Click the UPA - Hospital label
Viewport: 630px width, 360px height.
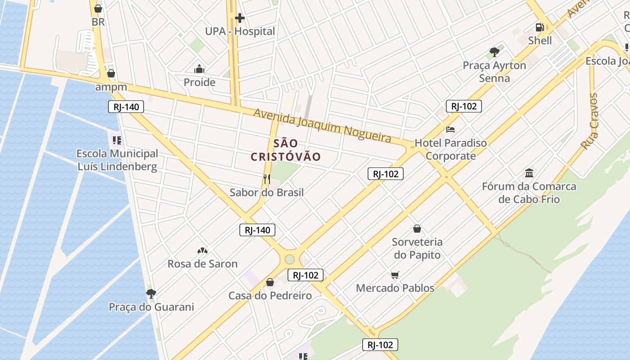coord(240,31)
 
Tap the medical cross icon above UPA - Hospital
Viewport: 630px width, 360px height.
coord(240,18)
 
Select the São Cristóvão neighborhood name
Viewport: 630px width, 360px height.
coord(286,150)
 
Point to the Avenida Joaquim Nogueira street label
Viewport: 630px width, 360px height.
coord(322,126)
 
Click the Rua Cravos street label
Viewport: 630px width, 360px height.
coord(589,121)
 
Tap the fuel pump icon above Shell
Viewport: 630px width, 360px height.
coord(540,27)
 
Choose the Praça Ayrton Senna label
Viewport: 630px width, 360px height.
coord(494,72)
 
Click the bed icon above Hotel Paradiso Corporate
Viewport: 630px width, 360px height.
coord(450,130)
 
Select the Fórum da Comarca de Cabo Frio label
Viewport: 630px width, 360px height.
coord(529,193)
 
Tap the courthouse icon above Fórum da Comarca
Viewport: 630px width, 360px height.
coord(529,173)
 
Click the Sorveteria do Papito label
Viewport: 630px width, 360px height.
coord(417,248)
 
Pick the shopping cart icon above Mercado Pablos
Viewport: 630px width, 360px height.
coord(395,275)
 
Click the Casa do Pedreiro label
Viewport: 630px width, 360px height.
coord(270,296)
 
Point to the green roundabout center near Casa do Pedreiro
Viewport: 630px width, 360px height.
coord(289,259)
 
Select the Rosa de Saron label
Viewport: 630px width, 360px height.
coord(202,264)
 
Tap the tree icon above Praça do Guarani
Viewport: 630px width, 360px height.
coord(151,294)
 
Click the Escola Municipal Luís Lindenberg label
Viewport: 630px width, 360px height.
coord(117,160)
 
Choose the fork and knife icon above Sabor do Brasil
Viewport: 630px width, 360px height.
coord(266,179)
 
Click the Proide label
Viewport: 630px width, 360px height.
coord(199,82)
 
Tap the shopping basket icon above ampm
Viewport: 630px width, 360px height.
coord(111,73)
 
